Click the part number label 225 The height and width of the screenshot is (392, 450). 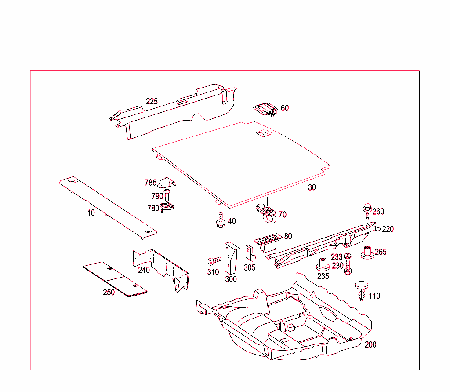point(152,102)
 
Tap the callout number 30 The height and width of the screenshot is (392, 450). point(312,187)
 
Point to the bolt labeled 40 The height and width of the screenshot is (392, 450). point(221,220)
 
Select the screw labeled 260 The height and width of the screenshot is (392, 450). point(367,211)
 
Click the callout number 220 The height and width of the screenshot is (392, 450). point(388,229)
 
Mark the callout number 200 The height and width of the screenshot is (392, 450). point(370,344)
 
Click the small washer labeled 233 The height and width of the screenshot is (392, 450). point(348,256)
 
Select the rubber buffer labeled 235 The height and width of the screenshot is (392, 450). point(323,265)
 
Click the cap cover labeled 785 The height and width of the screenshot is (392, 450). point(167,182)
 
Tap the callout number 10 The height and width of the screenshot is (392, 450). point(91,213)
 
